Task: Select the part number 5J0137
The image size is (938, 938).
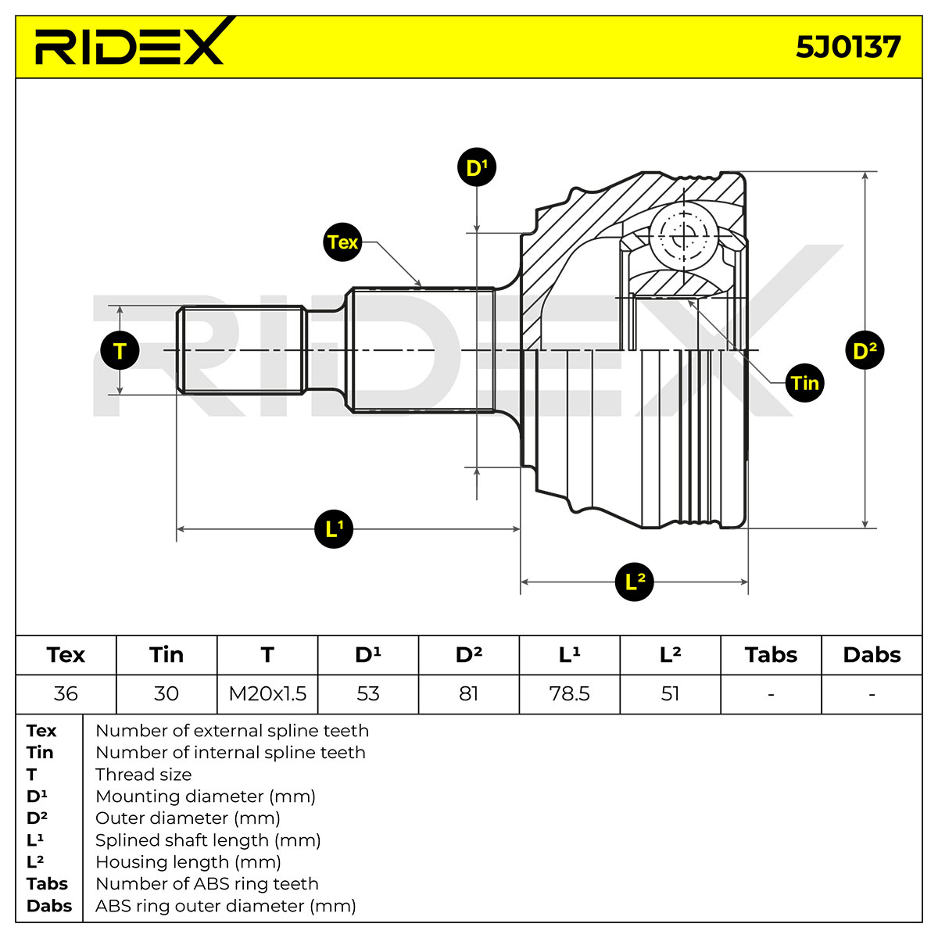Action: point(847,48)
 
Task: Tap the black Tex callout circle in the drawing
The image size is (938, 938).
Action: point(342,242)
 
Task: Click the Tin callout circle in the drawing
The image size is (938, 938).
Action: point(804,383)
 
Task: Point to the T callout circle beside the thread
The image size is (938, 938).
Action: point(120,350)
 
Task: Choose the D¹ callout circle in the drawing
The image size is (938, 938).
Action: point(477,167)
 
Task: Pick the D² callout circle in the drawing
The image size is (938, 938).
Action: point(865,350)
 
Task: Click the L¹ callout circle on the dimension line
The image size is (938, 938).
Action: point(334,529)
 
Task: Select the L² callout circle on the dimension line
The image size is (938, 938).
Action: point(634,582)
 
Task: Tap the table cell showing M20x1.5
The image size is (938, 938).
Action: point(267,693)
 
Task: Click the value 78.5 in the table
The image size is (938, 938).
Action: point(569,693)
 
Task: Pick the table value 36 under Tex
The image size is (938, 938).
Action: point(66,693)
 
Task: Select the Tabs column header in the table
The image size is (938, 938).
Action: point(771,655)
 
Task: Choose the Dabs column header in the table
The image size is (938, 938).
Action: point(872,655)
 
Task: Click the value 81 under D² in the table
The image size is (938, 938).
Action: point(468,693)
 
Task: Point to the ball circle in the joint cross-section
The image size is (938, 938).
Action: point(685,237)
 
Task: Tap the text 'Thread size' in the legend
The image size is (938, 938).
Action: point(144,775)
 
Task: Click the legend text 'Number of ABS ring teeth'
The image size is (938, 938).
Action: point(207,883)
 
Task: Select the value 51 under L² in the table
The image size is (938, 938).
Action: point(670,693)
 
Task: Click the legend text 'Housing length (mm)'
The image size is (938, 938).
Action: point(188,862)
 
